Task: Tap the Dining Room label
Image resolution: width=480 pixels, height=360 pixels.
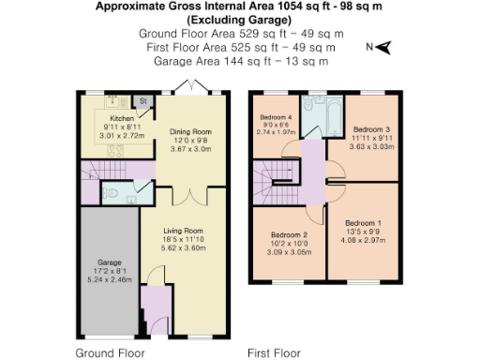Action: point(190,132)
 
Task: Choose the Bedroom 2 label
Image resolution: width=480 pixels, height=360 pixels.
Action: point(290,234)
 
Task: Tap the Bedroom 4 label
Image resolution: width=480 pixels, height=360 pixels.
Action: point(277,117)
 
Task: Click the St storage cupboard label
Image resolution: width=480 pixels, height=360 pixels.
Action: point(144,100)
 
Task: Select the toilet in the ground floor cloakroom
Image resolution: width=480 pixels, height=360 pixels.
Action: point(113,194)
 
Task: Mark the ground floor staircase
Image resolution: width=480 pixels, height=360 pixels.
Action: point(97,172)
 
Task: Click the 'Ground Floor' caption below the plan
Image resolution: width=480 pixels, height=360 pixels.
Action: point(110,353)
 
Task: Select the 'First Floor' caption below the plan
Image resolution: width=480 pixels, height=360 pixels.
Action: point(273,353)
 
